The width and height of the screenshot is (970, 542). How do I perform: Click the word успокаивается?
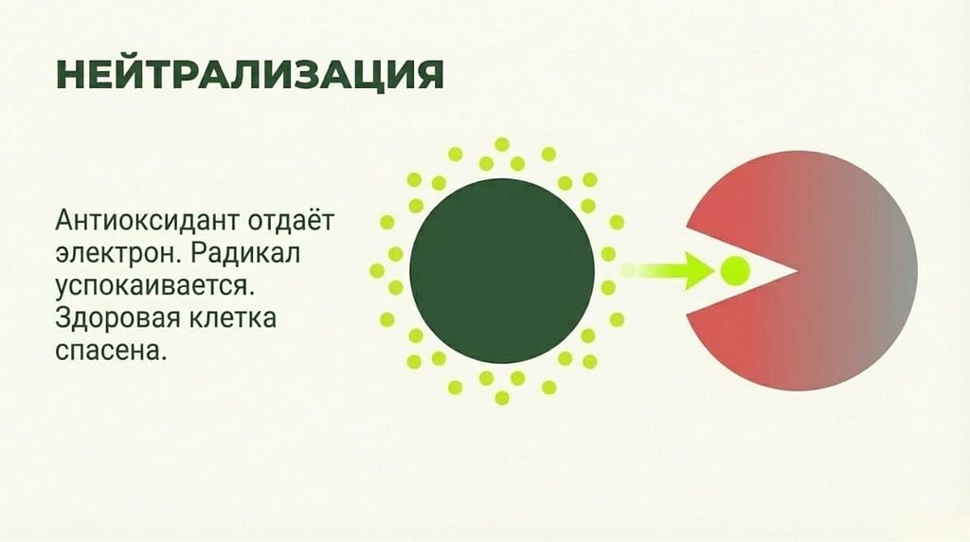pyautogui.click(x=154, y=286)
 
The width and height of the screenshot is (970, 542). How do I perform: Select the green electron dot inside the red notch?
pyautogui.click(x=735, y=271)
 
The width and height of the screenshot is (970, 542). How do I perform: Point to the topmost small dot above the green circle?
pyautogui.click(x=502, y=143)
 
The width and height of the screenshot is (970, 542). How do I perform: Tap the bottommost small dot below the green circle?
pyautogui.click(x=502, y=398)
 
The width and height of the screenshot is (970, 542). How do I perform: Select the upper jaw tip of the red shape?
pyautogui.click(x=691, y=226)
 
